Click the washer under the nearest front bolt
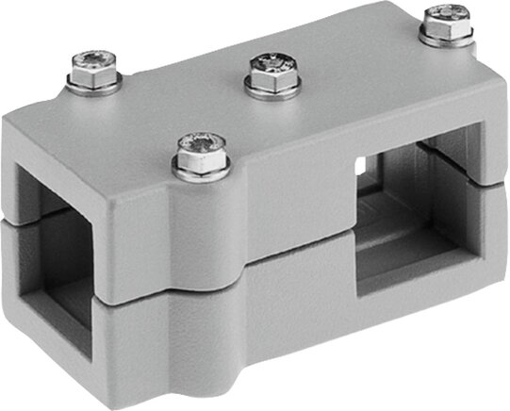[202, 172]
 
